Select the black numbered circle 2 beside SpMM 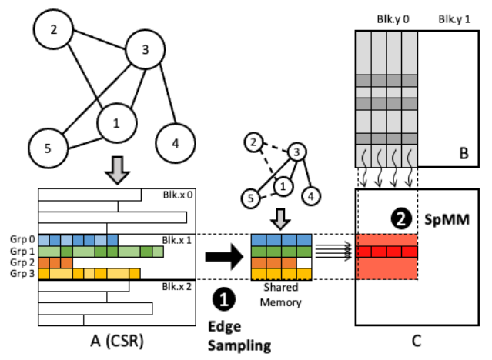point(400,218)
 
